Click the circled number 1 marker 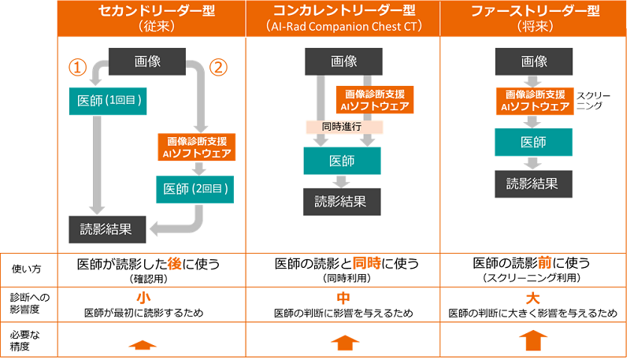pyautogui.click(x=76, y=67)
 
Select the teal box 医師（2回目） pyautogui.click(x=195, y=188)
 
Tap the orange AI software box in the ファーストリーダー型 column pyautogui.click(x=533, y=101)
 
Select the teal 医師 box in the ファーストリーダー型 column pyautogui.click(x=532, y=142)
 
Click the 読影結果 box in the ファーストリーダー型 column pyautogui.click(x=532, y=184)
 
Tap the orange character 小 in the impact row pyautogui.click(x=143, y=298)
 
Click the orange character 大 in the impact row pyautogui.click(x=533, y=298)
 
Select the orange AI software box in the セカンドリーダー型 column pyautogui.click(x=195, y=147)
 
